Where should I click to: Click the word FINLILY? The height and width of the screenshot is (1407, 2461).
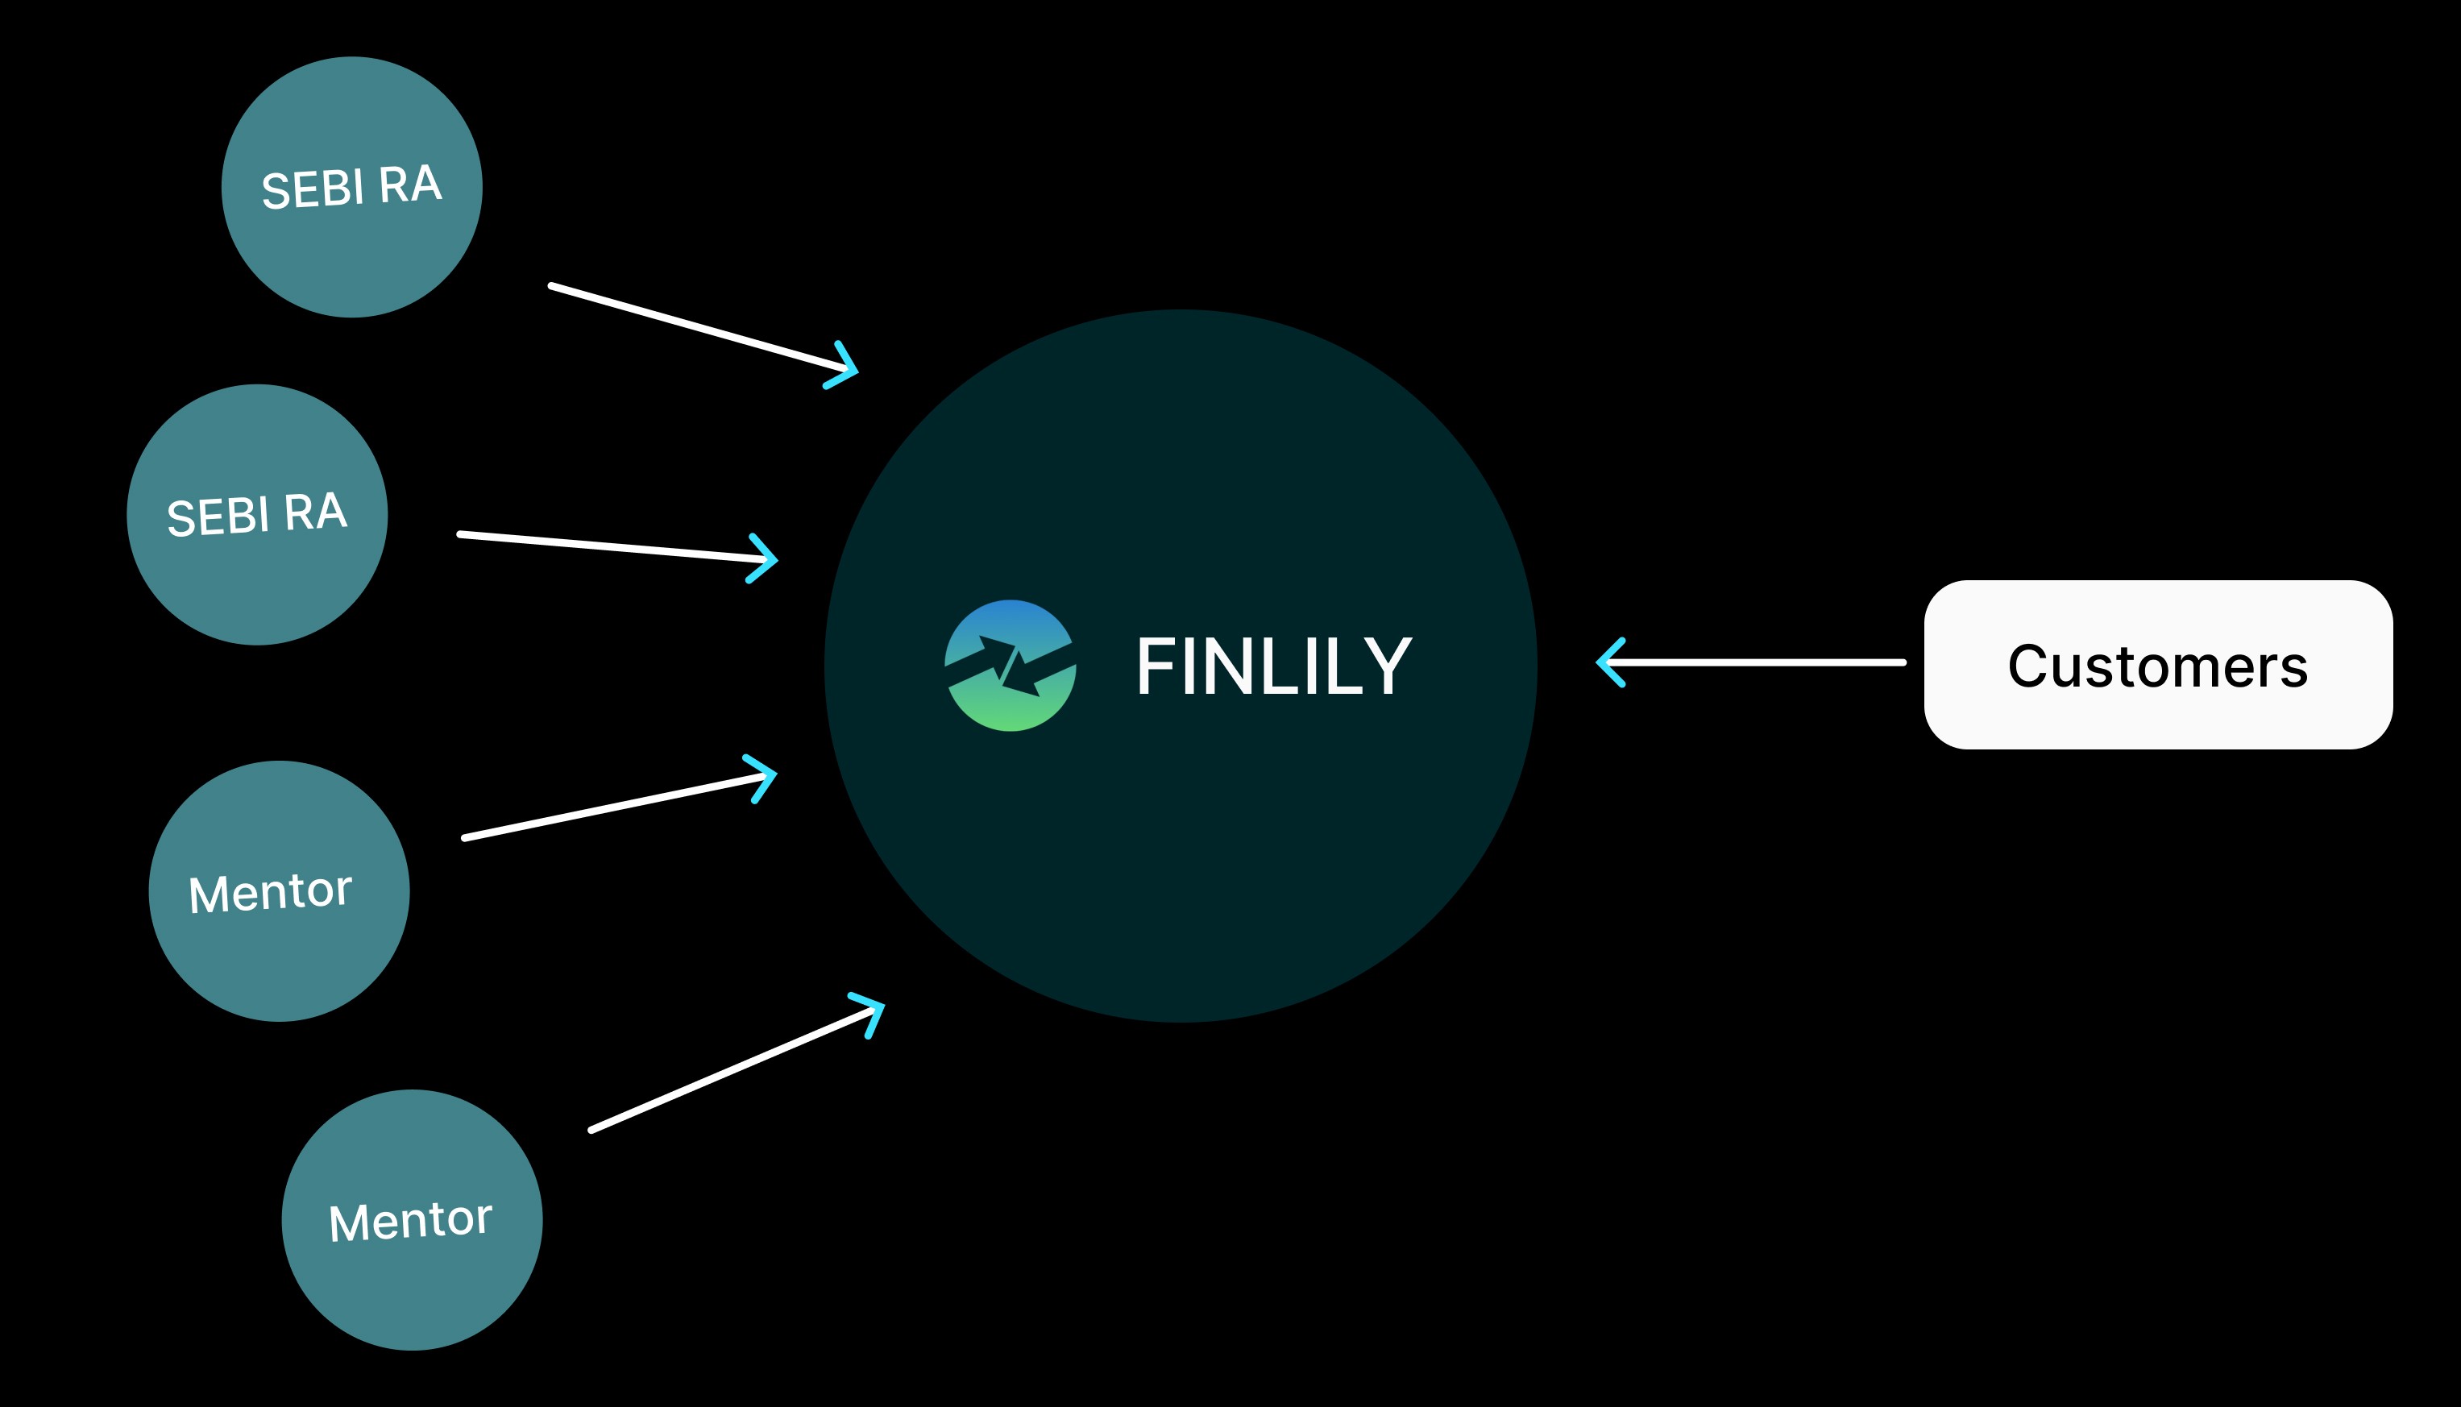(x=1273, y=666)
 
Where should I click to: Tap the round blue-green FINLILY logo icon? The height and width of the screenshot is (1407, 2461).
(x=1010, y=666)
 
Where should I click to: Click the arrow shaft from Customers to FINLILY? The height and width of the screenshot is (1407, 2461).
(x=1758, y=662)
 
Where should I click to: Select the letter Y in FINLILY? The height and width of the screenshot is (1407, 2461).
(x=1389, y=666)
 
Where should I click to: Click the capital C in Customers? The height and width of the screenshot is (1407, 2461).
(x=2028, y=666)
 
